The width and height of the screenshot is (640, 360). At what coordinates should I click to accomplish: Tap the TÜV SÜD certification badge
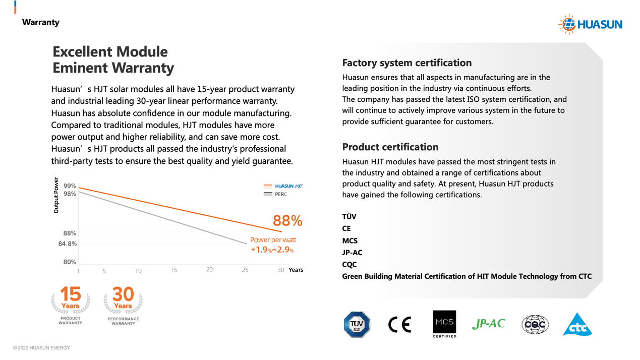[357, 324]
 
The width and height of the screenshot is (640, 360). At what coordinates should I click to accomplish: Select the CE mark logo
[399, 324]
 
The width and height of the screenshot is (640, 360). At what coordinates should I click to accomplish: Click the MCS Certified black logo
[444, 324]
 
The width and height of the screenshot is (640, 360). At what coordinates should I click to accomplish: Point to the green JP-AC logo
[488, 324]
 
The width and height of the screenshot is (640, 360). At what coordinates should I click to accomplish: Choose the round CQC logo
[535, 324]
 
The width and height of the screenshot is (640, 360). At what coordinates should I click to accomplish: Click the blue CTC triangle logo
[577, 325]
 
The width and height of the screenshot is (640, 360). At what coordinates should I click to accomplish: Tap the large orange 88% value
[287, 221]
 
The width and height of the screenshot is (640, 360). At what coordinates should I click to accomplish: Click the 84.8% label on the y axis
[68, 244]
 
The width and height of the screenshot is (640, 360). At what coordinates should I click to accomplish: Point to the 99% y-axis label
[70, 186]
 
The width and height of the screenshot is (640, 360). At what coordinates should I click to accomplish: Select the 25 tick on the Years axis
[245, 270]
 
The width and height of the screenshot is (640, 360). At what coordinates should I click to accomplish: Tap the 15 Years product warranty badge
[71, 305]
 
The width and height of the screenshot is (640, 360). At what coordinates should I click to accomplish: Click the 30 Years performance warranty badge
[123, 305]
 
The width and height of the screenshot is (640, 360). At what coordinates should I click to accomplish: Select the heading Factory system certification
[406, 63]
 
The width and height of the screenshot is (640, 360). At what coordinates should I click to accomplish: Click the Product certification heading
[390, 147]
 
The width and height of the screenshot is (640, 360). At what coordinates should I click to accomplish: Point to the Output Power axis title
[56, 195]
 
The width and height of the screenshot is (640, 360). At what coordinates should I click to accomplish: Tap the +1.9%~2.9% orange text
[272, 250]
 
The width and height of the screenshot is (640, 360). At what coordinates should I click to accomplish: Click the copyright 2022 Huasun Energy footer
[41, 348]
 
